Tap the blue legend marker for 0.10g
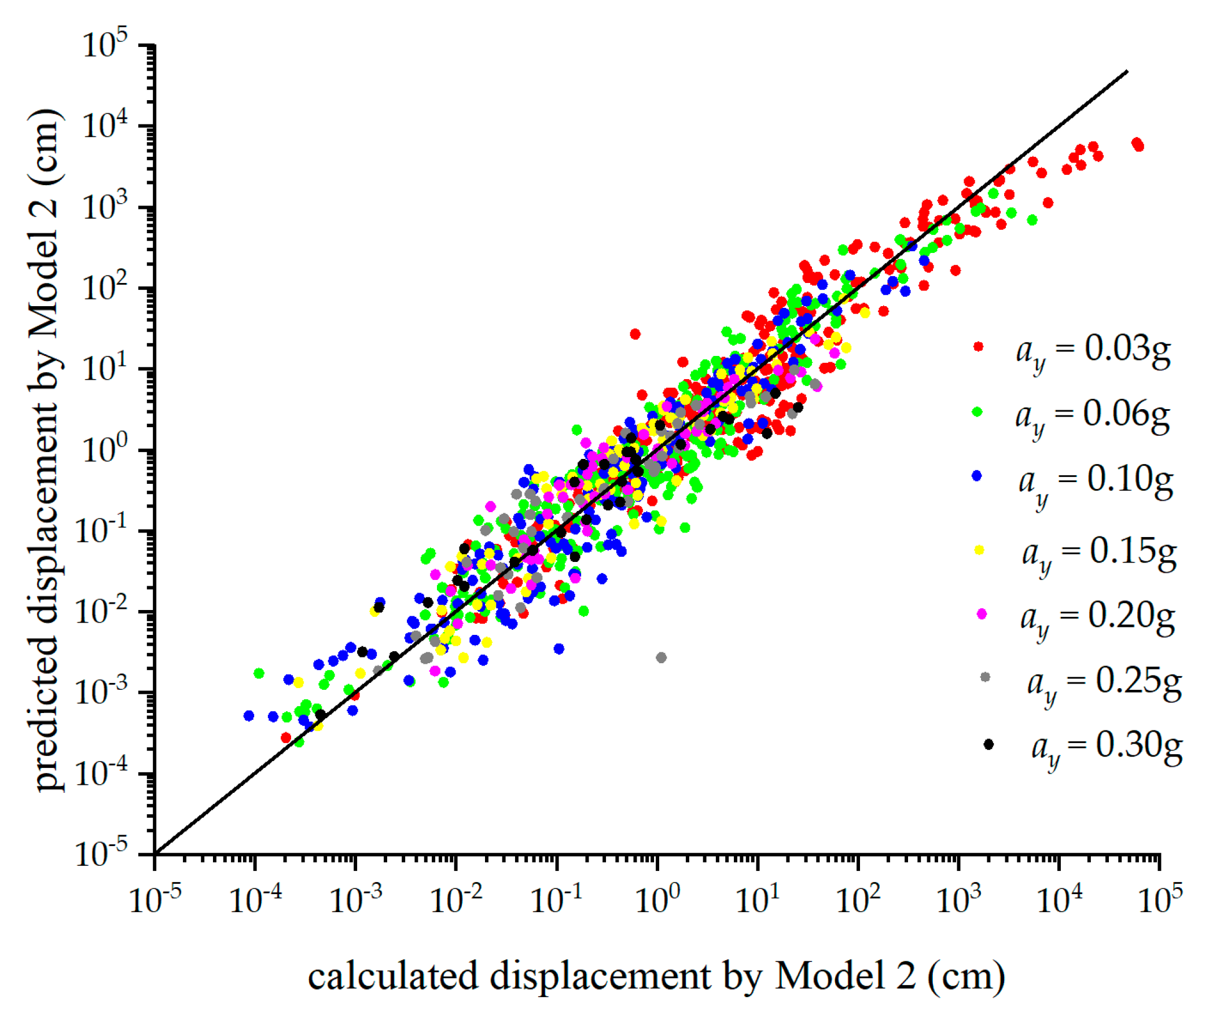(977, 476)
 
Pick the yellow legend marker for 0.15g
(979, 550)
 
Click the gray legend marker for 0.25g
(985, 678)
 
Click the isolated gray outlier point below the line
(661, 658)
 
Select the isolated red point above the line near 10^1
(635, 334)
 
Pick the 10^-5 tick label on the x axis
(155, 901)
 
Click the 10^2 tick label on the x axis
(858, 901)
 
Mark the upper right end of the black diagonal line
(1127, 71)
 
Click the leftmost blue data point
(249, 716)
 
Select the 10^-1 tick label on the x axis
(557, 901)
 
